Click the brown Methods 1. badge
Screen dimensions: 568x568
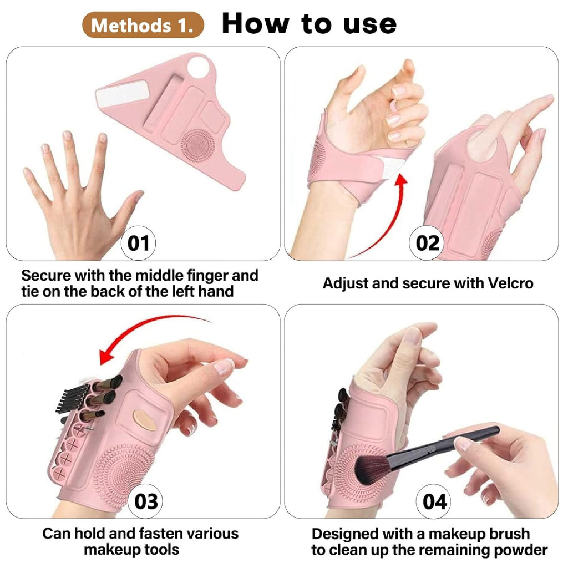(x=143, y=25)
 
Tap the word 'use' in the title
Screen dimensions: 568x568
(x=370, y=24)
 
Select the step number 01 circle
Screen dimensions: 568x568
(x=138, y=243)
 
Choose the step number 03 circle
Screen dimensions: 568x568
(x=146, y=501)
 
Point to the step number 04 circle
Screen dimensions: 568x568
(x=434, y=501)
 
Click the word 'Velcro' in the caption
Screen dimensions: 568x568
(x=510, y=283)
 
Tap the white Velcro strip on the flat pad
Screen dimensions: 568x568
(x=123, y=93)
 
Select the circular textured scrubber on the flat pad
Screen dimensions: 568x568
(x=198, y=145)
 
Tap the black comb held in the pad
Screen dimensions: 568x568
(x=72, y=398)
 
